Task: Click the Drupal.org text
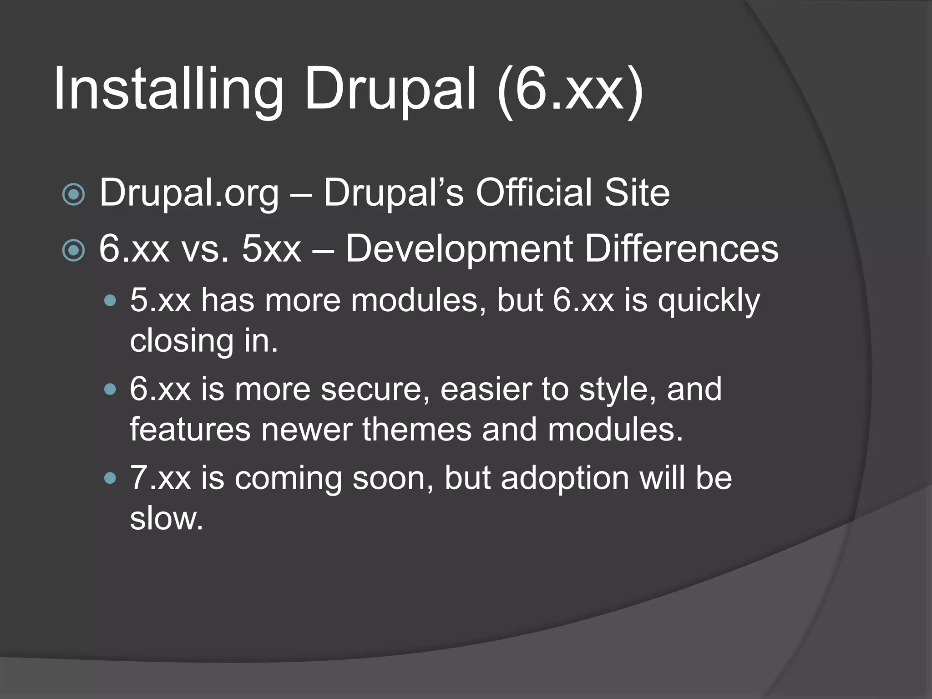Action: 189,193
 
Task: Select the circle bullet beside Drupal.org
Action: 73,195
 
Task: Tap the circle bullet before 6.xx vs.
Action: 73,250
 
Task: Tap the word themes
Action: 417,430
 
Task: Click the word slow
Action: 166,518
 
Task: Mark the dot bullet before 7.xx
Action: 110,478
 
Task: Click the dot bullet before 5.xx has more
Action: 110,301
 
